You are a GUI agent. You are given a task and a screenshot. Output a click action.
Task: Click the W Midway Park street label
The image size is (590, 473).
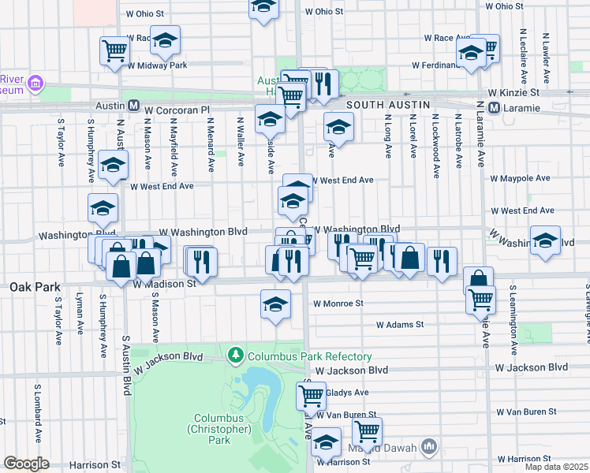pos(157,65)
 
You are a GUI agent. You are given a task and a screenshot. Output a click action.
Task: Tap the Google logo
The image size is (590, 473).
pos(26,464)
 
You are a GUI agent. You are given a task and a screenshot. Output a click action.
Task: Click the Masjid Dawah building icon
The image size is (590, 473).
pos(429,447)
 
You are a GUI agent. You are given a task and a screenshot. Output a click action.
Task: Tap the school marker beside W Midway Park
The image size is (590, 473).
pos(165,39)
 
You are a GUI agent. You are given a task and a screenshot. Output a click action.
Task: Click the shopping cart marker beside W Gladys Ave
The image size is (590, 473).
pos(312,394)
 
